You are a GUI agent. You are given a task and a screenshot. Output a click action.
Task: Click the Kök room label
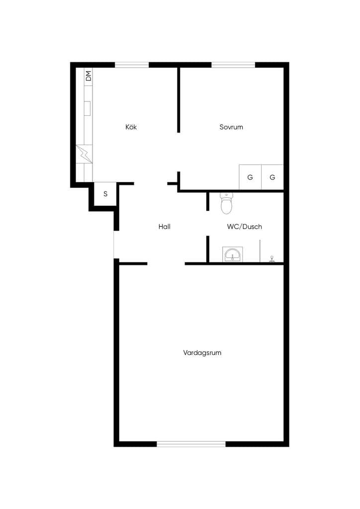pyautogui.click(x=131, y=127)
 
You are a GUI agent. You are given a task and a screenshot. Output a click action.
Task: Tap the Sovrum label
pyautogui.click(x=231, y=127)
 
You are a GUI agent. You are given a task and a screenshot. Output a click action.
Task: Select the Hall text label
pyautogui.click(x=164, y=227)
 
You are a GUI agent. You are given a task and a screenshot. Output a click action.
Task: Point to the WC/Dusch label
pyautogui.click(x=245, y=227)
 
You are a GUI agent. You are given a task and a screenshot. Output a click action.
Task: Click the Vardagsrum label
pyautogui.click(x=202, y=353)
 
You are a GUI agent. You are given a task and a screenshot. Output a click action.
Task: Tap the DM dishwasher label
pyautogui.click(x=89, y=76)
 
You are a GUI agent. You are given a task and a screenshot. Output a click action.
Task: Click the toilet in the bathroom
pyautogui.click(x=226, y=203)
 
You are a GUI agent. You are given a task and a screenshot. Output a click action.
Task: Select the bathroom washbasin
pyautogui.click(x=232, y=254)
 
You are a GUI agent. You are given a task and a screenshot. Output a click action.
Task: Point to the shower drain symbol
pyautogui.click(x=272, y=258)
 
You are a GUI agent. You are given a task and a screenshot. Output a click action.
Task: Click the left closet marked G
pyautogui.click(x=250, y=177)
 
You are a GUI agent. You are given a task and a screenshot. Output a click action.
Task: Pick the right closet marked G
pyautogui.click(x=272, y=177)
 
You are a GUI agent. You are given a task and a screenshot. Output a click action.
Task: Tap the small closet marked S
pyautogui.click(x=105, y=194)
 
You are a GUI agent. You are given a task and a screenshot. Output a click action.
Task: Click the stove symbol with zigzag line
pyautogui.click(x=84, y=154)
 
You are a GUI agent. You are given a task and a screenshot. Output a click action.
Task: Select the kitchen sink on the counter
pyautogui.click(x=88, y=108)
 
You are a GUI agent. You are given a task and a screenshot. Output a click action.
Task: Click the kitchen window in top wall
pyautogui.click(x=132, y=65)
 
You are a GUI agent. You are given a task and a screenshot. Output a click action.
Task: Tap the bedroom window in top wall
pyautogui.click(x=233, y=65)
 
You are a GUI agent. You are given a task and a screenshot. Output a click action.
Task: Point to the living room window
pyautogui.click(x=191, y=444)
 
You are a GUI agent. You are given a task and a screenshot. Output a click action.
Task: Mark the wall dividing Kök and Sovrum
pyautogui.click(x=179, y=99)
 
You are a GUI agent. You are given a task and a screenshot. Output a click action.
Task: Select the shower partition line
pyautogui.click(x=260, y=251)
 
